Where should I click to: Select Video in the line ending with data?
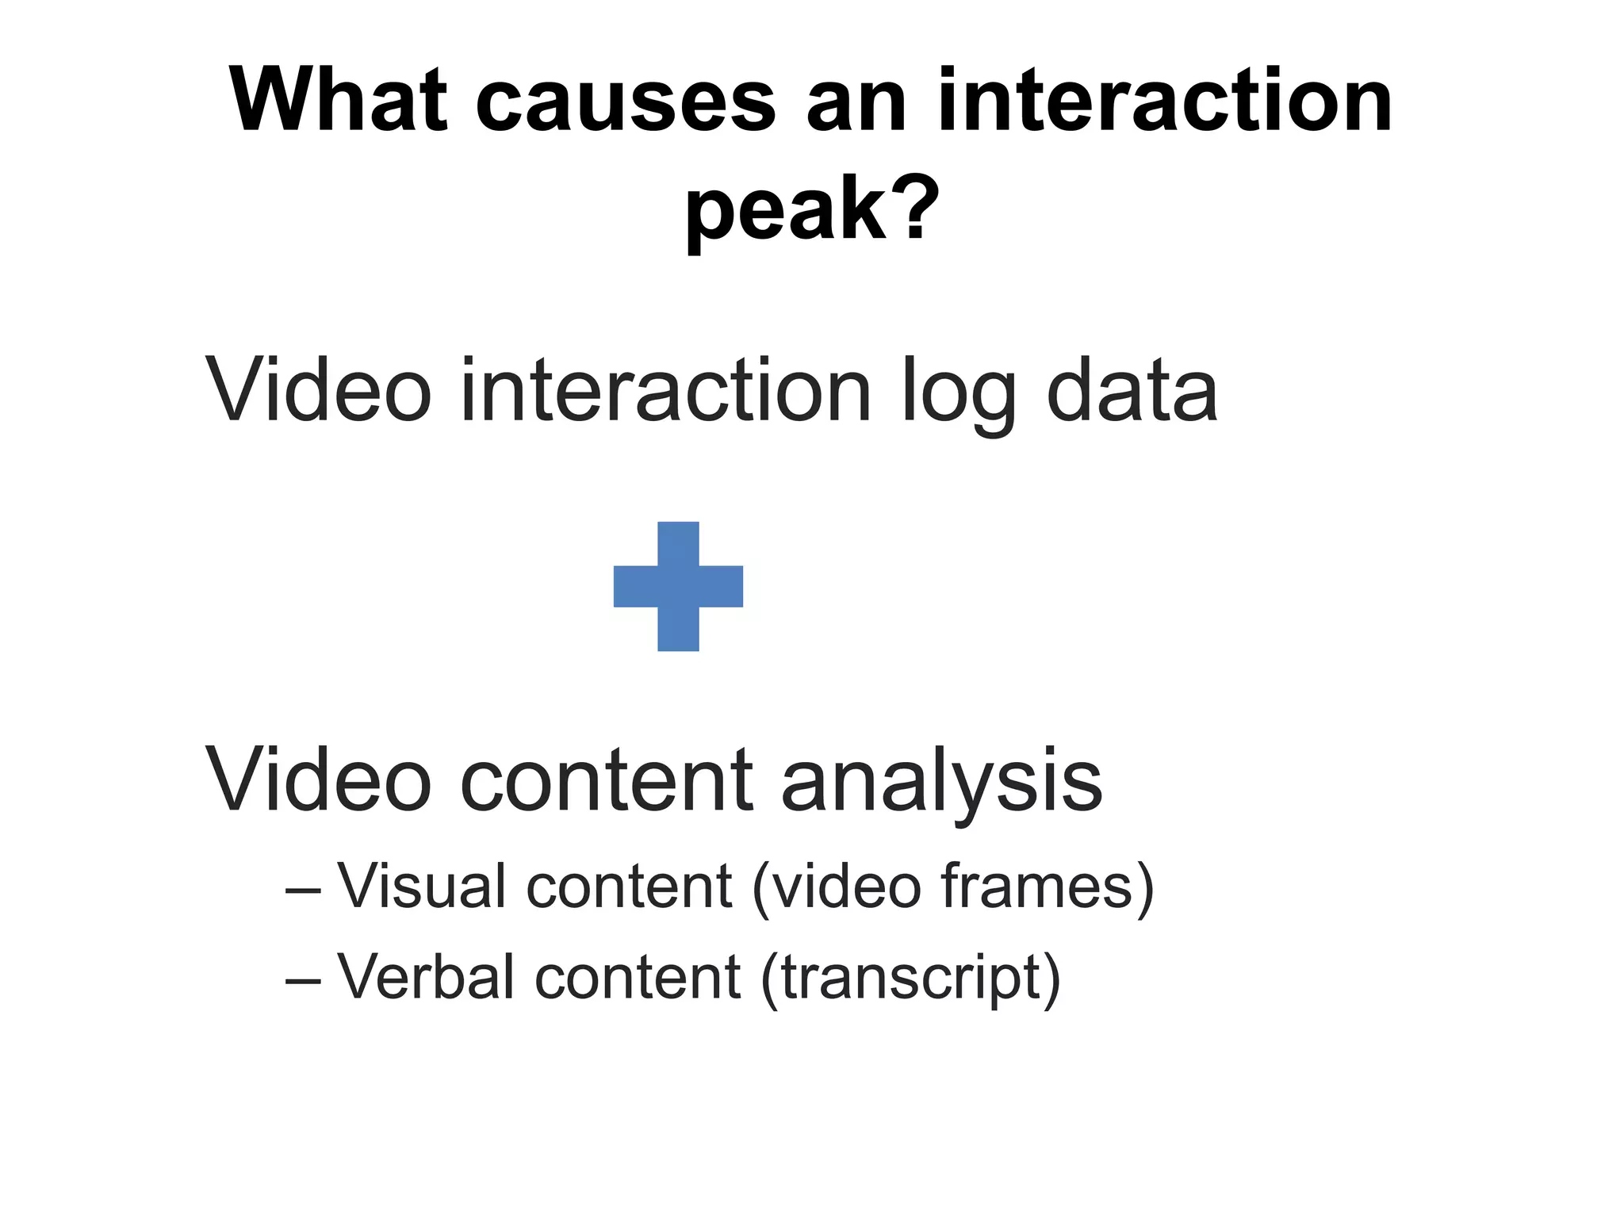click(318, 390)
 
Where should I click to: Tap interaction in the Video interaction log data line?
click(665, 390)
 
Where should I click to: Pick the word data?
click(1132, 390)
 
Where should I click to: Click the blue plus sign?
click(678, 586)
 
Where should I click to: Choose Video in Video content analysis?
click(318, 780)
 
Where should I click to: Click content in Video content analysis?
click(607, 782)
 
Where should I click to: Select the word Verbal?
click(426, 976)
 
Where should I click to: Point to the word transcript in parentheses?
click(910, 978)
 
